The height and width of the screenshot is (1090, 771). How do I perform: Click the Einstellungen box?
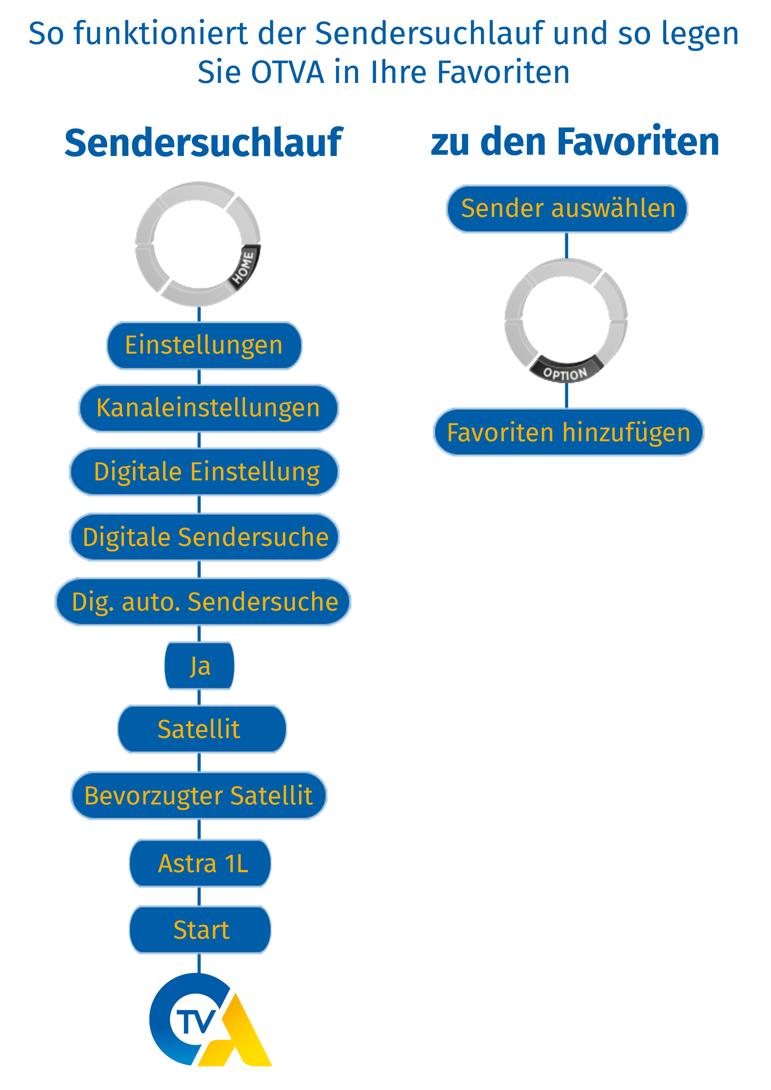click(x=204, y=345)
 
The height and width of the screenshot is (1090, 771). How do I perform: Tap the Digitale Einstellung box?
click(x=204, y=472)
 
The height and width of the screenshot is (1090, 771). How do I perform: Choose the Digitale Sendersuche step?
click(x=205, y=537)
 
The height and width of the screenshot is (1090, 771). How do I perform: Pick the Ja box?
click(x=200, y=666)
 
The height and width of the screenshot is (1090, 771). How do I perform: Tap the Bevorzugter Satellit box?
click(x=199, y=796)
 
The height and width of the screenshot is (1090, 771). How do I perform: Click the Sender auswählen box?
click(x=567, y=209)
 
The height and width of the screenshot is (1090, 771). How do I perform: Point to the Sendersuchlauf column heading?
click(x=203, y=142)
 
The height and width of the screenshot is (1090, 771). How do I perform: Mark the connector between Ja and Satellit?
click(x=199, y=697)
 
